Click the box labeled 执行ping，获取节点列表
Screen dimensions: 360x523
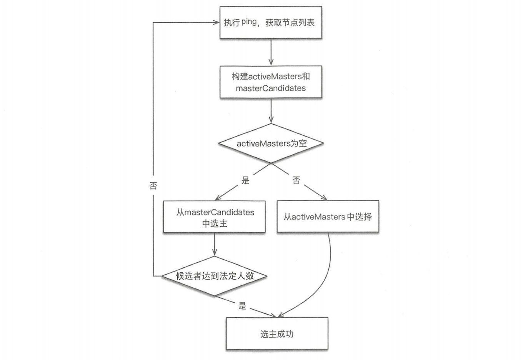click(271, 22)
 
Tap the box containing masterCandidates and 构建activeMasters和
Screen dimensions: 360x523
click(271, 82)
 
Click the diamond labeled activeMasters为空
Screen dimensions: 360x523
click(271, 143)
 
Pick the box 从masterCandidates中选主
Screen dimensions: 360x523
click(214, 217)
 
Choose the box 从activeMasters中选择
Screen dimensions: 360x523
click(328, 217)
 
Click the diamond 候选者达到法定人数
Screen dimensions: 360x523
click(214, 276)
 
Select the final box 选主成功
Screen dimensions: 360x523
click(277, 333)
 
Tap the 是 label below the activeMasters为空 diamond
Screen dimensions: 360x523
click(245, 180)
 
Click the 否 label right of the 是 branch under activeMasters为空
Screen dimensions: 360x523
click(296, 180)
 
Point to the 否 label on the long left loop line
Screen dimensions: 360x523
click(153, 186)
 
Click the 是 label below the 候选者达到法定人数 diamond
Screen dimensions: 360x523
click(242, 306)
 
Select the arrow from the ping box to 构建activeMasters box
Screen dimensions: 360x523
click(271, 52)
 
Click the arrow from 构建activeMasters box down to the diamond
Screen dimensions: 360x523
click(271, 111)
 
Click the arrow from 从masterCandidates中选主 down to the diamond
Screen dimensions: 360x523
click(214, 244)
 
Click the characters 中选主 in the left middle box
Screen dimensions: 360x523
click(214, 223)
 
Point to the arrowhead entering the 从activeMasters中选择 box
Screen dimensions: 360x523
click(324, 198)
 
